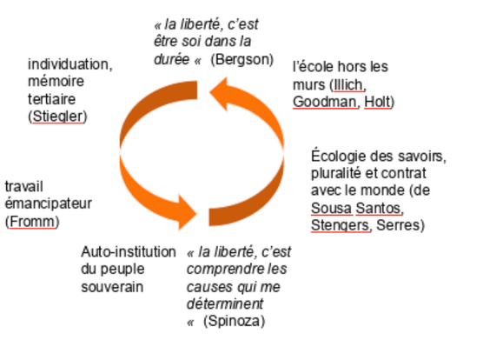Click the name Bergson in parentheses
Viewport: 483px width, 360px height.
242,59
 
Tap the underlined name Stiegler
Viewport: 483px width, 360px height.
58,117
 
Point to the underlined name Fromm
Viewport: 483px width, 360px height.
32,221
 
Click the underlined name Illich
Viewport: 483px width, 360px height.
348,84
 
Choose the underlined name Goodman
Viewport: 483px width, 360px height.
324,102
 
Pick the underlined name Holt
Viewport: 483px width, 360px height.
377,102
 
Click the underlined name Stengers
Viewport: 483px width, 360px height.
340,225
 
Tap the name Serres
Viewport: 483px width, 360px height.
398,225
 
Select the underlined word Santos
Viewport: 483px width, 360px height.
378,208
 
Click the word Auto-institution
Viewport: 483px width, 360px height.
129,252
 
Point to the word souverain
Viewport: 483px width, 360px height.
112,287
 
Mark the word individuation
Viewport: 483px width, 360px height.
69,64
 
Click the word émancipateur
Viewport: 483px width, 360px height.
49,203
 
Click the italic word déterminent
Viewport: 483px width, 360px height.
225,303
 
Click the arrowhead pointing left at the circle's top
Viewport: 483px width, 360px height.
219,93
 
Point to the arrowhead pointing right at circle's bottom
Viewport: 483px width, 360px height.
188,213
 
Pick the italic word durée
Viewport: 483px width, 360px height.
172,59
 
